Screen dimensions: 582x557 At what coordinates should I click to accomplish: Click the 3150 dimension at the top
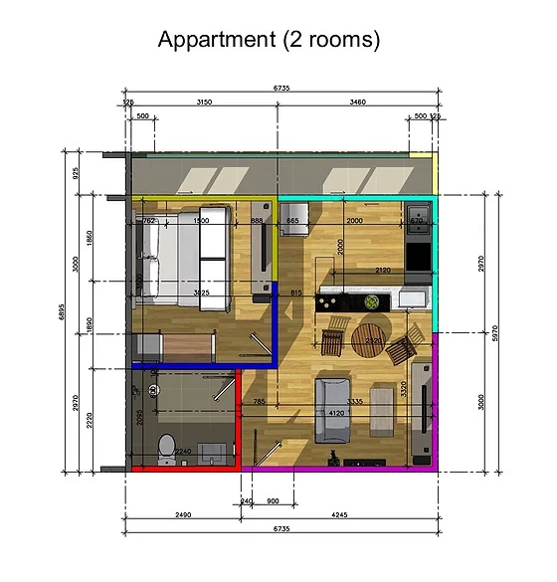[204, 102]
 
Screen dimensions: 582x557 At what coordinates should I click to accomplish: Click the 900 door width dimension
[274, 501]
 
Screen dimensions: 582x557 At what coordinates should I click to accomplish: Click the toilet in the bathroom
[168, 444]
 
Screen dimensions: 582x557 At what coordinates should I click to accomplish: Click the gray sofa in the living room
[331, 411]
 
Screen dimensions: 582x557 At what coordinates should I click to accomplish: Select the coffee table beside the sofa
[380, 409]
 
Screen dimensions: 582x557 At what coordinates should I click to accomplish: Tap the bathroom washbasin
[211, 453]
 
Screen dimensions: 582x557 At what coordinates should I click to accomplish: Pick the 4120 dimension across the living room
[335, 413]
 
